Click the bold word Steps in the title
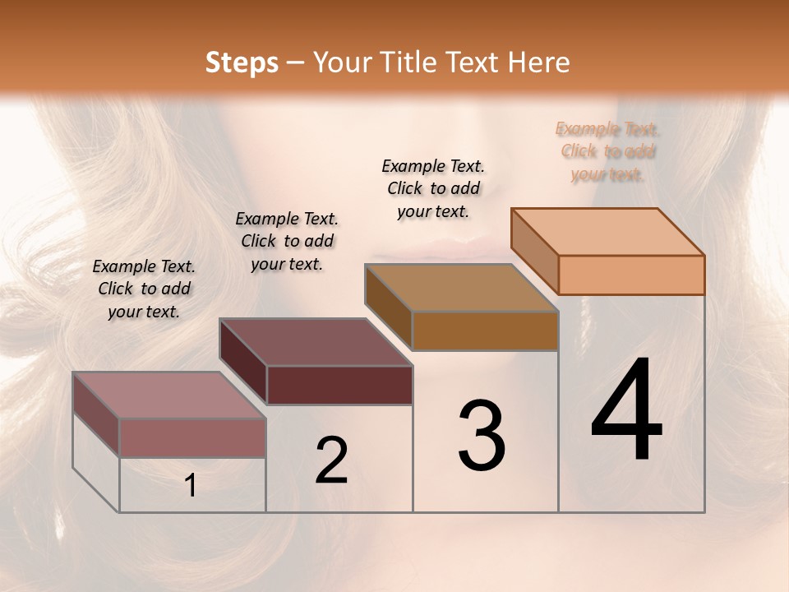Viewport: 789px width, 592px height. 242,62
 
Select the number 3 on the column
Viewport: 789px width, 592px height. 482,436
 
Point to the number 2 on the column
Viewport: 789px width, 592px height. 331,460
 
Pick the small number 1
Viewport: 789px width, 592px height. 191,486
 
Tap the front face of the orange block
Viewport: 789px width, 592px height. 631,275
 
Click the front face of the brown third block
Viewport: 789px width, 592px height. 485,331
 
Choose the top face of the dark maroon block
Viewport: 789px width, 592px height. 316,342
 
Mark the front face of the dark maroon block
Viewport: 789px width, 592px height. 339,385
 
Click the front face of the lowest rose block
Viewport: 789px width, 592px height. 192,437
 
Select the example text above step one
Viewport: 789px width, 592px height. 144,289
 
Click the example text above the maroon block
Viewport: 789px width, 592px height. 287,241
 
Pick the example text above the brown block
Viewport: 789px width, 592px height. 433,188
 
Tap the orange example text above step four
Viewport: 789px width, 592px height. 608,151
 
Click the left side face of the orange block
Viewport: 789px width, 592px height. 534,251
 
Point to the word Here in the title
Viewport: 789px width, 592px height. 541,62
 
